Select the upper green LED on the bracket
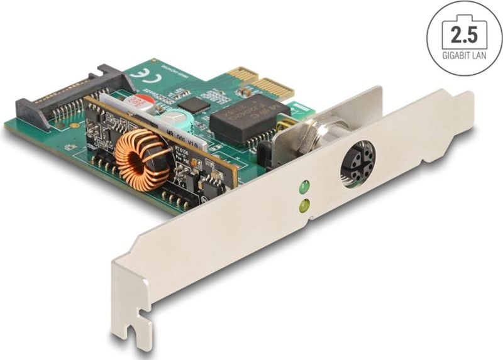[x=304, y=187]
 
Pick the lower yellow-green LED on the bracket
[x=305, y=205]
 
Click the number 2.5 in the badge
[x=464, y=33]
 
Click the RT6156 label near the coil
[x=184, y=152]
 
